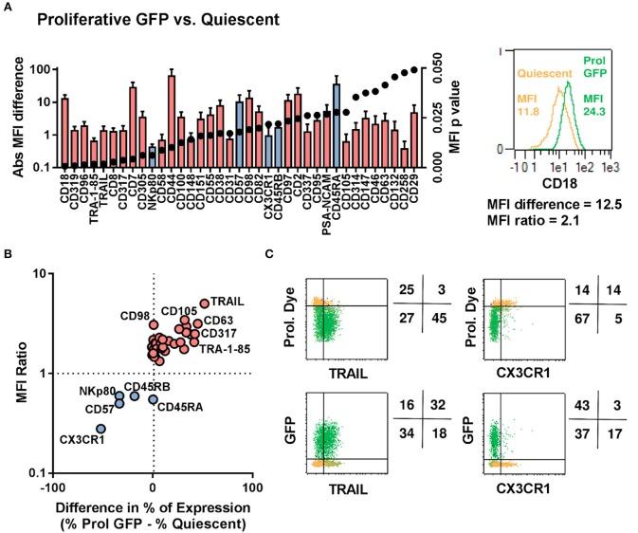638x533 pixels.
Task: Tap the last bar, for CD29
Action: (x=413, y=140)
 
